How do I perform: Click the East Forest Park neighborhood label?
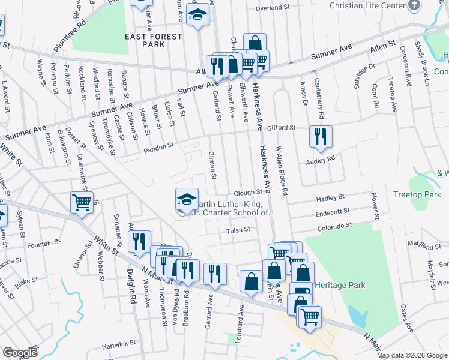tap(153, 40)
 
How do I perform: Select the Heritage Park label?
tap(339, 284)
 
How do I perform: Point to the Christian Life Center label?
tap(369, 5)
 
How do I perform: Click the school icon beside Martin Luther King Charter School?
tap(187, 199)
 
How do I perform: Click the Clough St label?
tap(249, 193)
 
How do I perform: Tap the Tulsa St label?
tap(237, 230)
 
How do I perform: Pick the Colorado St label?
tap(335, 226)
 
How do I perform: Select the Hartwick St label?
tap(119, 345)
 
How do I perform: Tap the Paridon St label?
tap(158, 145)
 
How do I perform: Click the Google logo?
tap(20, 353)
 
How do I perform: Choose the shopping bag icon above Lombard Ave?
tap(250, 280)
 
